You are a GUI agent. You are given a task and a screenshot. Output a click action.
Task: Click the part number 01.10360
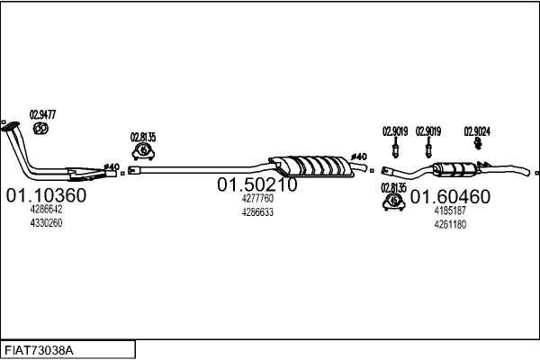tap(46, 195)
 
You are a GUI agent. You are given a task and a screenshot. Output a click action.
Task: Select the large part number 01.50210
tap(256, 184)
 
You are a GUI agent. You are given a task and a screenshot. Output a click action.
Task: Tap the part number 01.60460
tap(450, 197)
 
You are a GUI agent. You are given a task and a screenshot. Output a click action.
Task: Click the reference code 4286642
tap(46, 209)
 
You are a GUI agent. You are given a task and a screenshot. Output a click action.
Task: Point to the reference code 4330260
tap(46, 223)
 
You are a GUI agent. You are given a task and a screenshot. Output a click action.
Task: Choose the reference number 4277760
tap(257, 198)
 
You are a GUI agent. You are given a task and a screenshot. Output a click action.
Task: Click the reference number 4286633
tap(257, 212)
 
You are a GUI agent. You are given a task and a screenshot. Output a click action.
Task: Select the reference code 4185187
tap(450, 211)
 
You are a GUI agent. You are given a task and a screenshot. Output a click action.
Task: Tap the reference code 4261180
tap(450, 225)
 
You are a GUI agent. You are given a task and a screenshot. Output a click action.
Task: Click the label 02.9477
tap(42, 114)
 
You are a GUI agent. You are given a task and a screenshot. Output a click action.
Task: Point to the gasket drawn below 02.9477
tap(40, 129)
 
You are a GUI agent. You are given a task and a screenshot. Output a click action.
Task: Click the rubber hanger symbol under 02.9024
tap(477, 143)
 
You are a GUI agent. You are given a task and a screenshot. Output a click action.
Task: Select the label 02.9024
tap(477, 131)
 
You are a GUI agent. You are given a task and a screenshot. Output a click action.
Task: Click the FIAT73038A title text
tap(39, 351)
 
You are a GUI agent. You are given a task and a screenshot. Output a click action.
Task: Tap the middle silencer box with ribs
tap(311, 166)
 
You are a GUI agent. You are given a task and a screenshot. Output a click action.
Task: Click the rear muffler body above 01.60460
tap(454, 169)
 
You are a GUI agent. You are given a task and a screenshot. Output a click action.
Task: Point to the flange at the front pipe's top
tap(10, 126)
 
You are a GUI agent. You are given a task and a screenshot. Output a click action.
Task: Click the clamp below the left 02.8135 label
tap(143, 152)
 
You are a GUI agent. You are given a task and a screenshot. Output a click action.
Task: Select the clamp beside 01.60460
tap(393, 202)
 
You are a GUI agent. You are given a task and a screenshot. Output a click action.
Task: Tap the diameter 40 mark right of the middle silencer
tap(359, 157)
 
